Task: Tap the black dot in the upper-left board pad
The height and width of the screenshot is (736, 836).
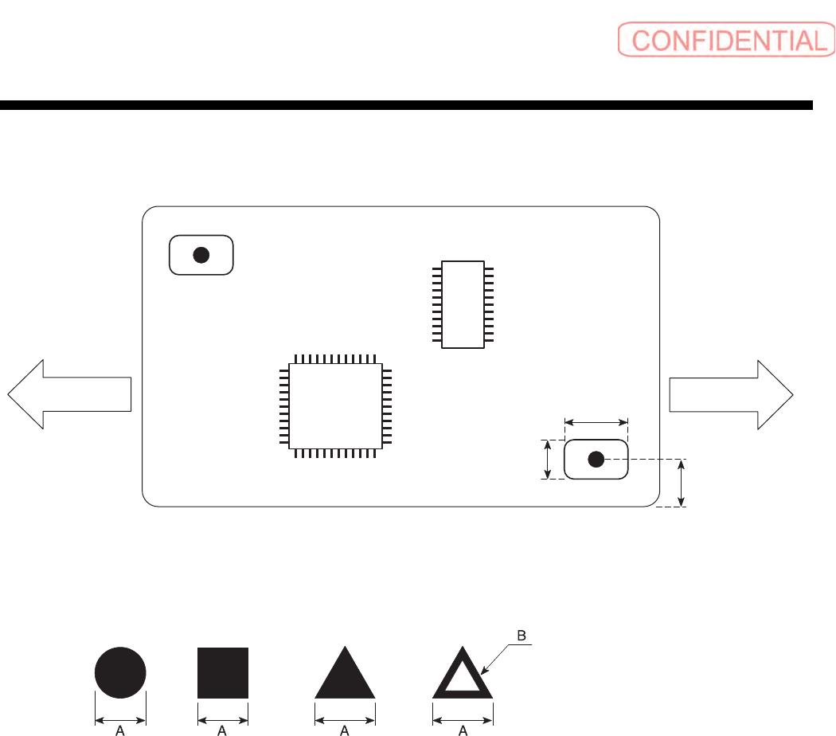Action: click(201, 255)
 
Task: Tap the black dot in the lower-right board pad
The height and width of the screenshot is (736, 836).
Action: click(596, 460)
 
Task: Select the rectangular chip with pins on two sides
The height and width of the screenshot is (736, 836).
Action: click(463, 303)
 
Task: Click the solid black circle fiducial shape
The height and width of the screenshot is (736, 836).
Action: click(120, 672)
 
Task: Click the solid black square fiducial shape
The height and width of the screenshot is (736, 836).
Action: click(223, 672)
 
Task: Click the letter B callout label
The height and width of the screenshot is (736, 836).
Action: click(522, 636)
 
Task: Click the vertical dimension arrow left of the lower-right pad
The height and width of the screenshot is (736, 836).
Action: click(548, 460)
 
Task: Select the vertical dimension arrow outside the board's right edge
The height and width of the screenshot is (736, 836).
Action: click(680, 483)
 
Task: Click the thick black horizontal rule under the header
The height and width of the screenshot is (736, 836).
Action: click(406, 105)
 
